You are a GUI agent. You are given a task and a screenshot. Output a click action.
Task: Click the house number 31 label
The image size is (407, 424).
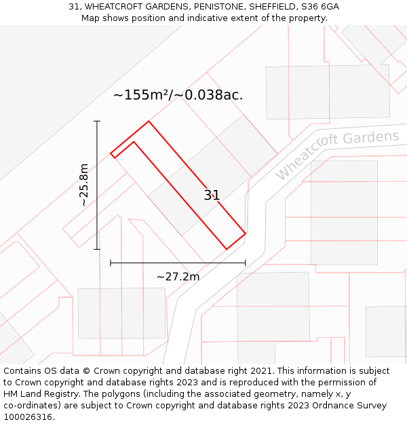tap(212, 195)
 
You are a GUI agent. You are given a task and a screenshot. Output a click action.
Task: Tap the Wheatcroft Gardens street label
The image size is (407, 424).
tap(337, 155)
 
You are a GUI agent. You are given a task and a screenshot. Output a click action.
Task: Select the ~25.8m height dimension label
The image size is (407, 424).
tap(83, 185)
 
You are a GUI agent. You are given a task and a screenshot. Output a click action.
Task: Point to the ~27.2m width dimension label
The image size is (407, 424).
tap(178, 277)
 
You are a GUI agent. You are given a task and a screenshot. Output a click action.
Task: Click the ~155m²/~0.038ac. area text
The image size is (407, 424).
tap(178, 95)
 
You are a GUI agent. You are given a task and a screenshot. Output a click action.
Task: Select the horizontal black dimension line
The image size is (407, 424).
tap(178, 263)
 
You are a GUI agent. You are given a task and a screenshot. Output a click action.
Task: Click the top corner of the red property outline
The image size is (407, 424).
tap(149, 121)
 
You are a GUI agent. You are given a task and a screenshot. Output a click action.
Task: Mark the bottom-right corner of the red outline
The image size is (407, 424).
tap(245, 234)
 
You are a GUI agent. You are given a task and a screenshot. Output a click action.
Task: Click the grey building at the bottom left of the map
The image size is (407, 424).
tap(121, 313)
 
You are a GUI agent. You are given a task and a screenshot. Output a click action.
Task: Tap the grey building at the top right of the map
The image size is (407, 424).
tap(328, 92)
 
